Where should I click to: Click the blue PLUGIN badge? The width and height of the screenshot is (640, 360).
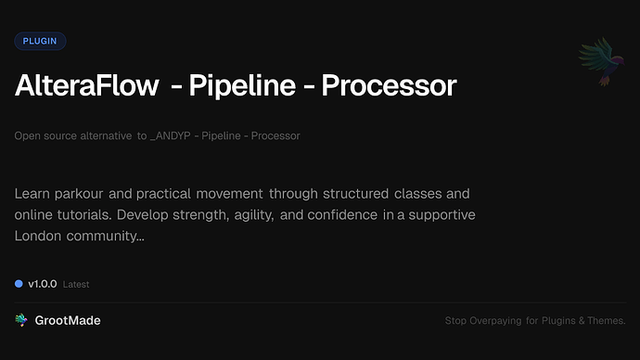tap(40, 41)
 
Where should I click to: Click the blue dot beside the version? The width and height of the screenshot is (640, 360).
tap(19, 283)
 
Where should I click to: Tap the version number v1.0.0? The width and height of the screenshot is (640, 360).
tap(43, 283)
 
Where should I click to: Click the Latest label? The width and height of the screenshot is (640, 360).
tap(76, 284)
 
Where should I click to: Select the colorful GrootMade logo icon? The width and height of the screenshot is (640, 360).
tap(20, 320)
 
